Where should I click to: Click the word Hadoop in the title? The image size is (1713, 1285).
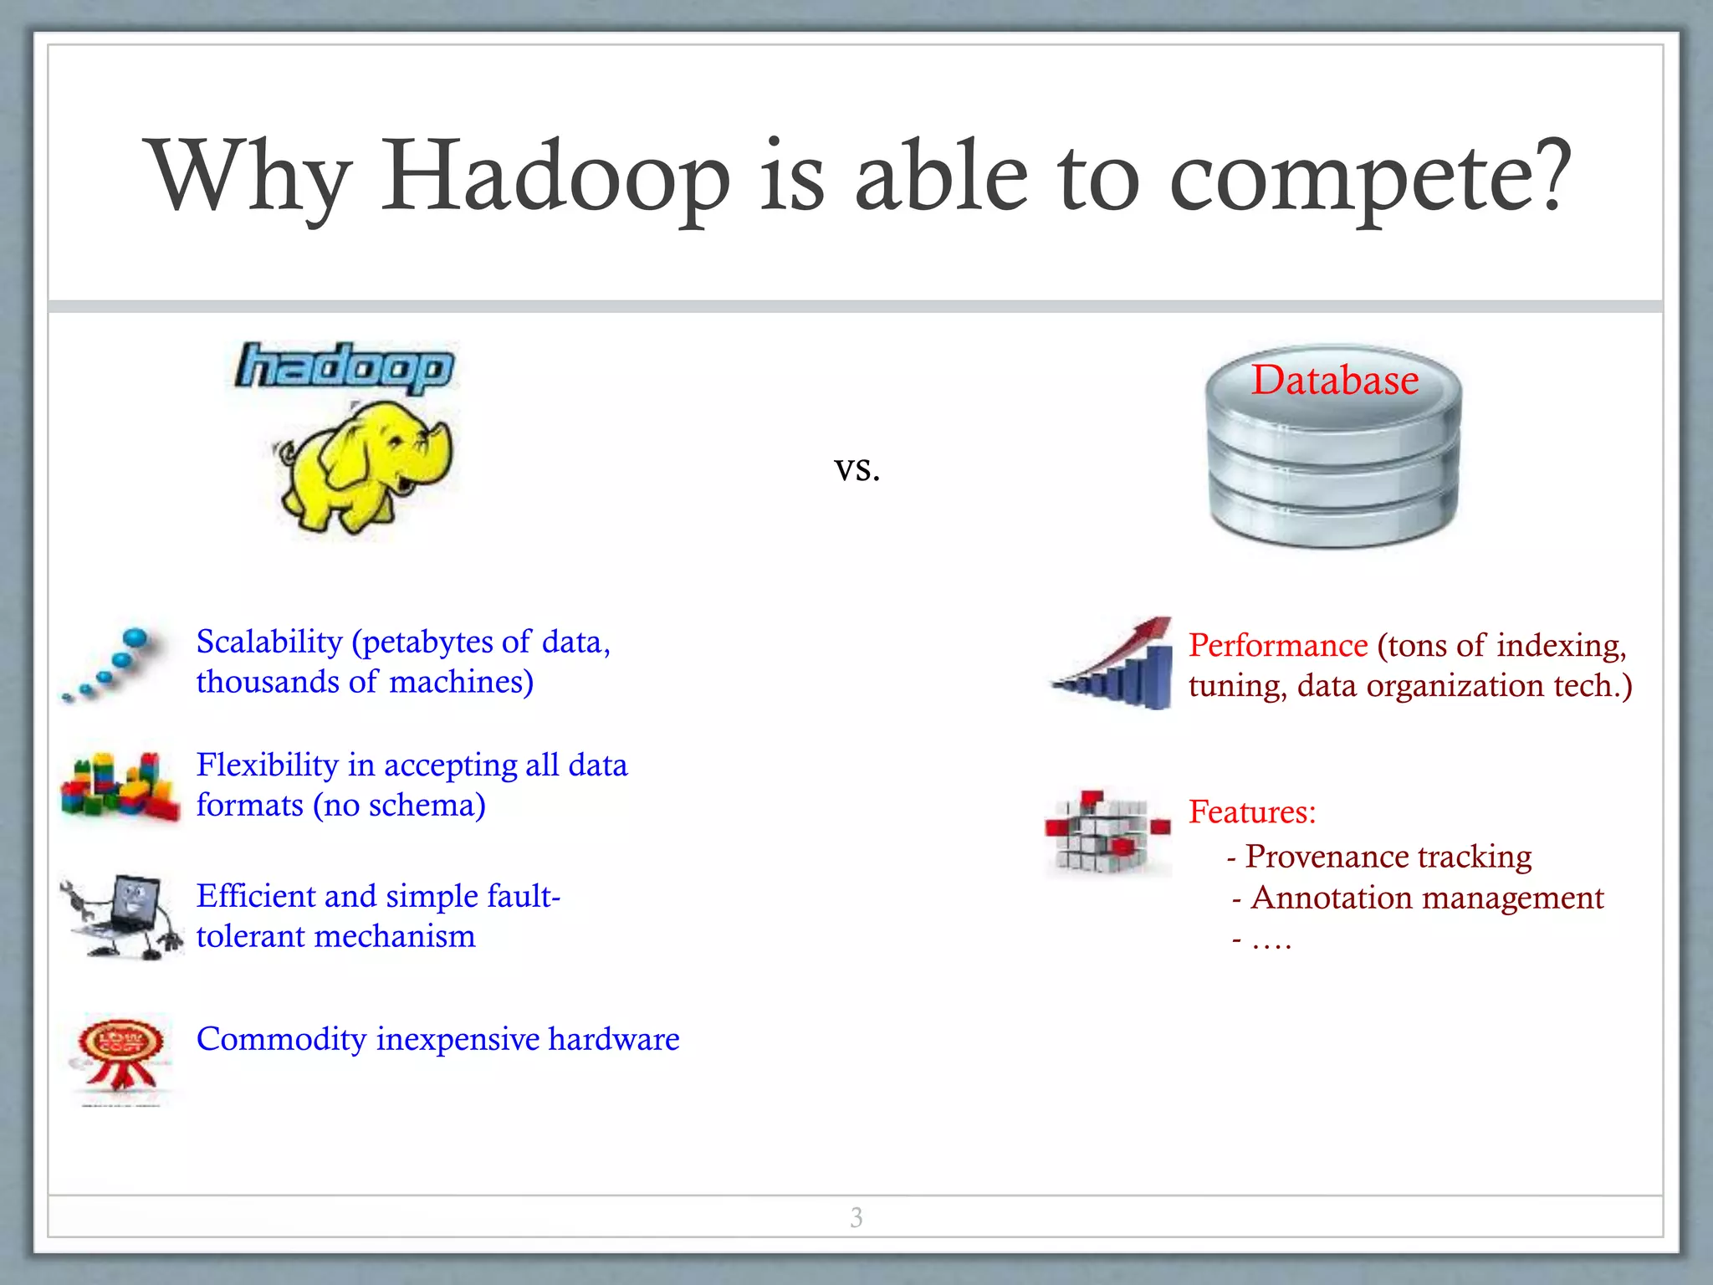555,177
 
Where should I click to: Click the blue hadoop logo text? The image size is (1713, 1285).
345,367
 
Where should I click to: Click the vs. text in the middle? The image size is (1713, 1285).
856,468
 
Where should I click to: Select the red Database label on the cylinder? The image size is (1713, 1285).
1335,380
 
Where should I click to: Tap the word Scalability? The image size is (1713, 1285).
269,642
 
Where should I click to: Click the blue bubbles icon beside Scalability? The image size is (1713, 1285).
110,666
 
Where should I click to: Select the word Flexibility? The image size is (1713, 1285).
267,765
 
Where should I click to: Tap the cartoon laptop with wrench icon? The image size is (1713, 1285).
122,917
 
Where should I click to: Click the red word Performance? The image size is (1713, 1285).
1277,645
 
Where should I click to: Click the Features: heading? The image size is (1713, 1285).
1252,811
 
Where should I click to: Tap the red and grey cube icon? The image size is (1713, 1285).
1105,832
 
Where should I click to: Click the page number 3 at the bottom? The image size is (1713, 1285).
856,1217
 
